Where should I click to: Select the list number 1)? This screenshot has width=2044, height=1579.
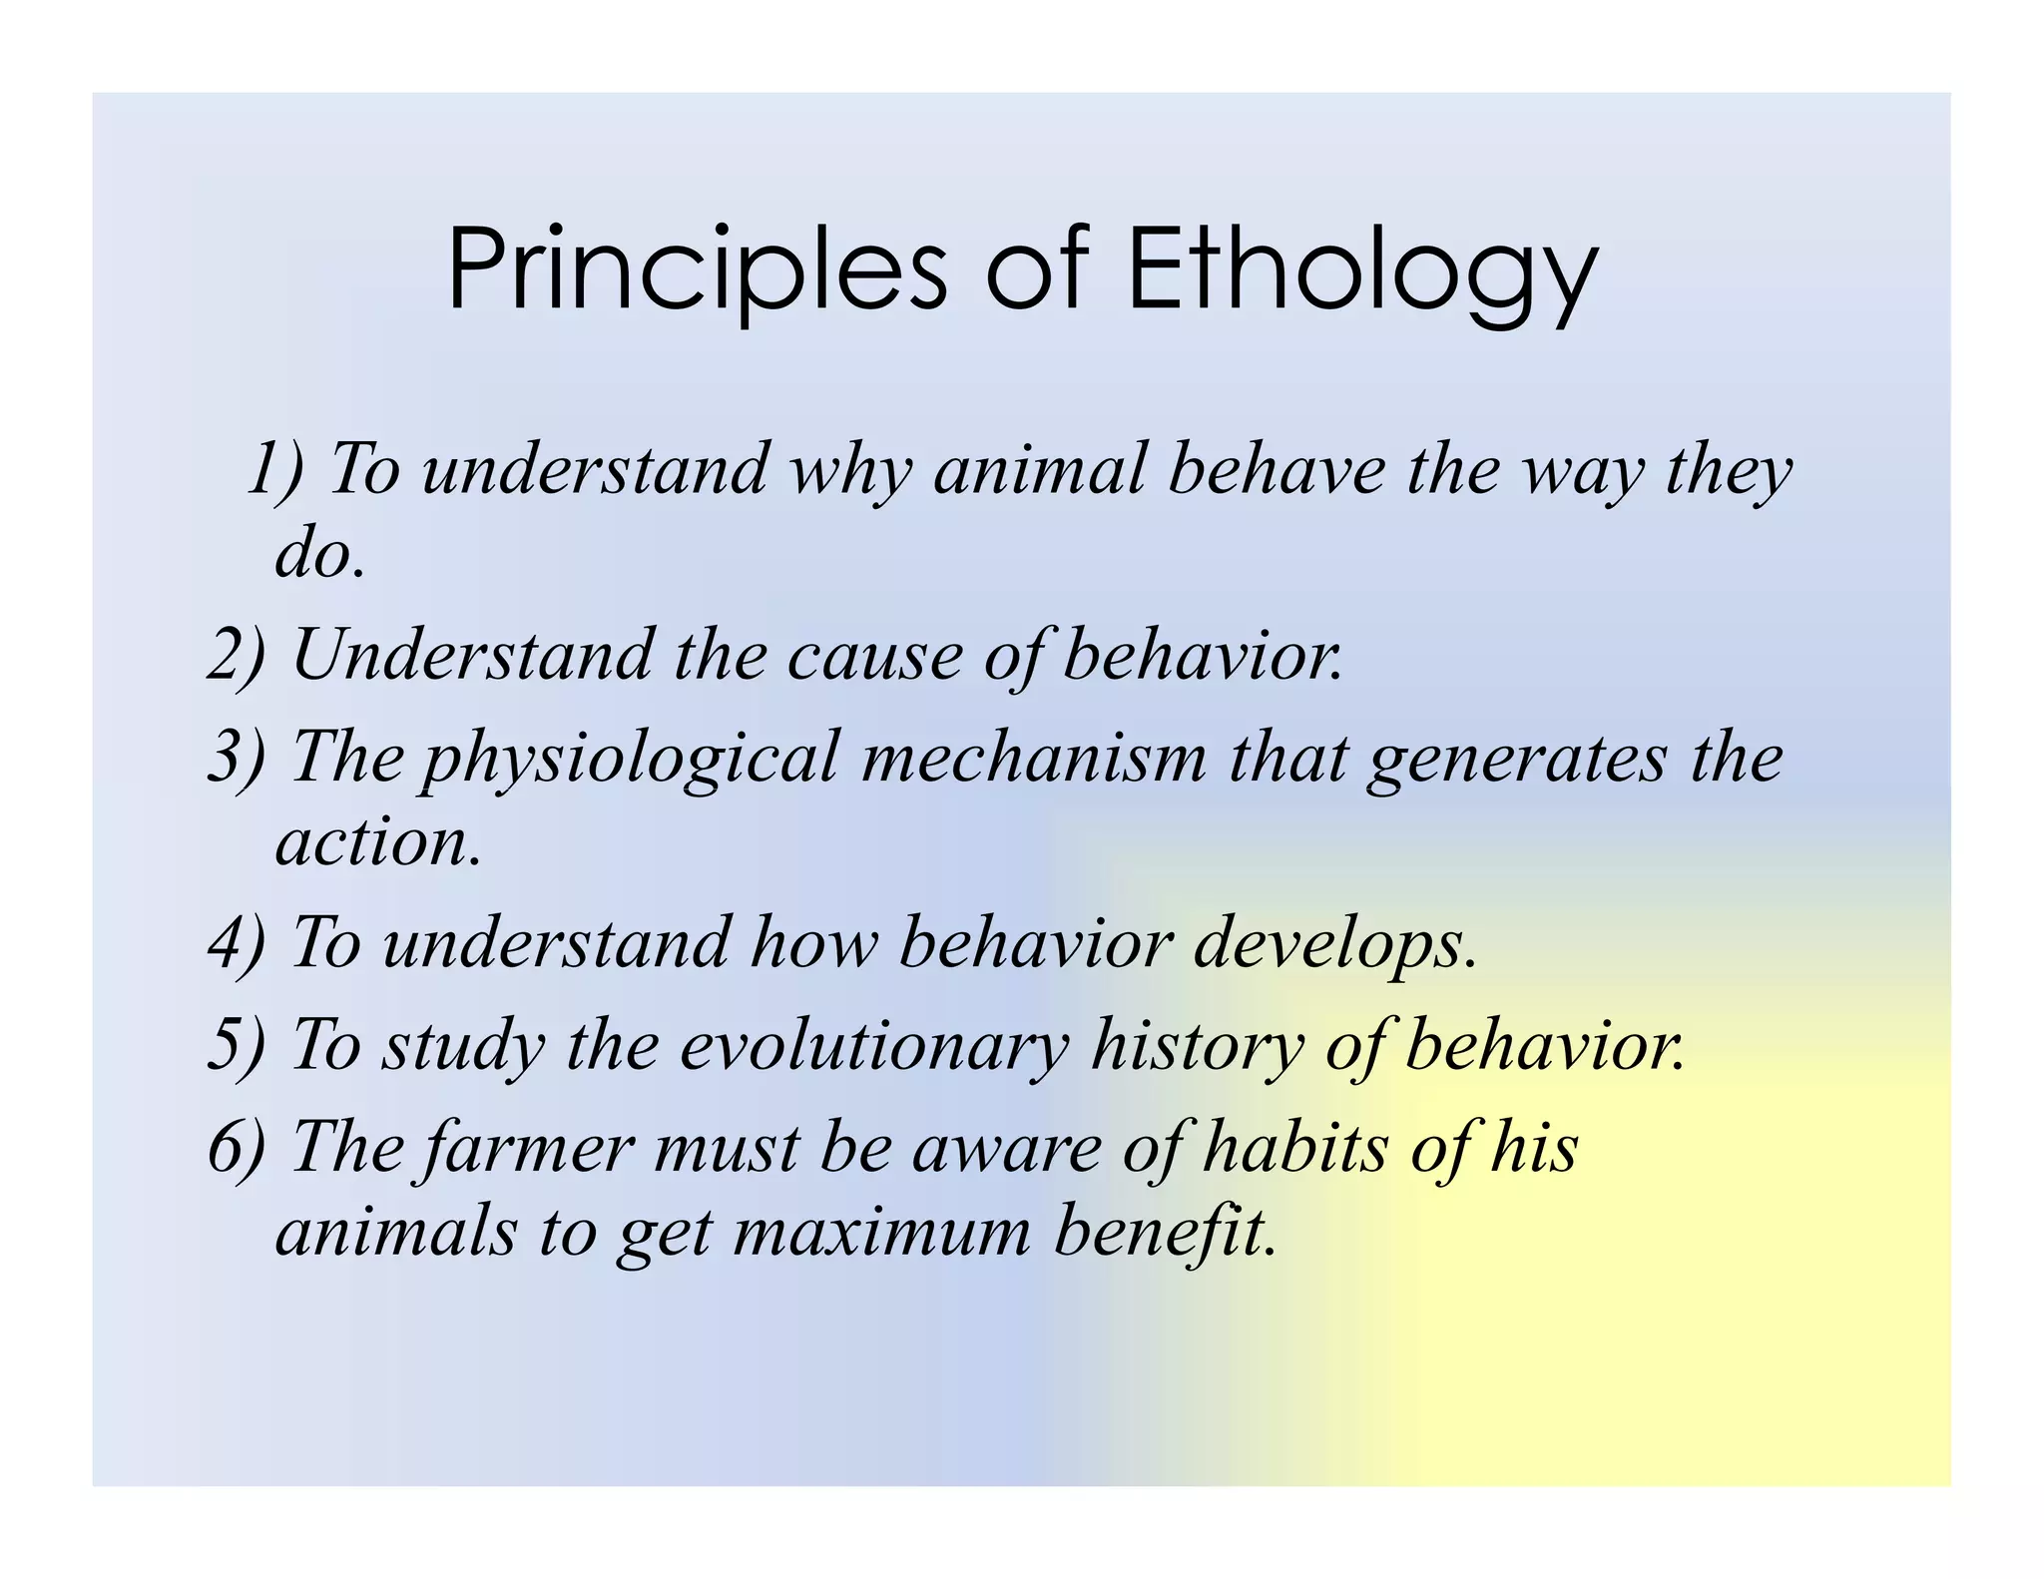click(274, 468)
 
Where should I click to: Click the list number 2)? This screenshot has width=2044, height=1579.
click(237, 655)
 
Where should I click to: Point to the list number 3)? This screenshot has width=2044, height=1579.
click(237, 756)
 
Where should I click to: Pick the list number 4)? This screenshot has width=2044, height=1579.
click(237, 942)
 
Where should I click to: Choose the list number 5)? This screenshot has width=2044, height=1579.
click(237, 1044)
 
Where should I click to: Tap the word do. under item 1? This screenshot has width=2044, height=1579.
click(320, 555)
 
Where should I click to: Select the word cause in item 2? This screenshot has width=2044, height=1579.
click(874, 657)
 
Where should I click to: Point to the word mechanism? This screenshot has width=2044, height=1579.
click(1034, 757)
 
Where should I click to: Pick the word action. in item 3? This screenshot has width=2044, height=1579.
click(378, 842)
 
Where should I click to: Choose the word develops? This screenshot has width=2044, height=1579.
click(1334, 944)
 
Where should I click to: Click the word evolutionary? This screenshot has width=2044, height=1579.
click(874, 1046)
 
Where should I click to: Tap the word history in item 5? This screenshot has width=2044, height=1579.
click(1197, 1046)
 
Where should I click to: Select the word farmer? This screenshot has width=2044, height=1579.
click(529, 1148)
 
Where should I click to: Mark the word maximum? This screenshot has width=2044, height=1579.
click(882, 1232)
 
